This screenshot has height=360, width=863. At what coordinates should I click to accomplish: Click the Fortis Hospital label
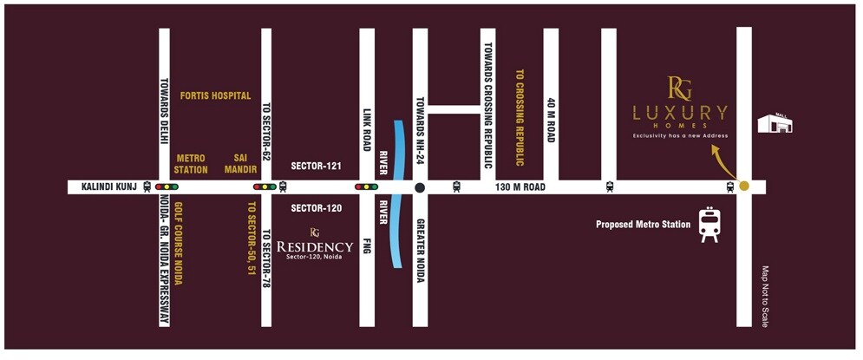[215, 95]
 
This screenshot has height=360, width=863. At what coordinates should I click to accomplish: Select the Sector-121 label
[317, 165]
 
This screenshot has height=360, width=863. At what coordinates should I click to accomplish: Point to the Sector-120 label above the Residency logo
[317, 208]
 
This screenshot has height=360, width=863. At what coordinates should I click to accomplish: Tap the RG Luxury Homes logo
[679, 108]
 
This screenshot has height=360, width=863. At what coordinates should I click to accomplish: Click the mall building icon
[775, 123]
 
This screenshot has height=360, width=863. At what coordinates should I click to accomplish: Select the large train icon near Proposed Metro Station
[709, 225]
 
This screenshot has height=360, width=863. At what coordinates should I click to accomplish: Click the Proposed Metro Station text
[643, 225]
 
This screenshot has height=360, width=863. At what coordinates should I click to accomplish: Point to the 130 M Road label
[520, 187]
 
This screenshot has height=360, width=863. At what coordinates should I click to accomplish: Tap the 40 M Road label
[551, 120]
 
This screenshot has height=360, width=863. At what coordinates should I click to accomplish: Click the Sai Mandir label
[242, 164]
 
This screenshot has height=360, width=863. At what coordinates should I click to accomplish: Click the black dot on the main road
[420, 187]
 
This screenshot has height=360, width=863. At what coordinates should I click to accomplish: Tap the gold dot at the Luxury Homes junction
[743, 186]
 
